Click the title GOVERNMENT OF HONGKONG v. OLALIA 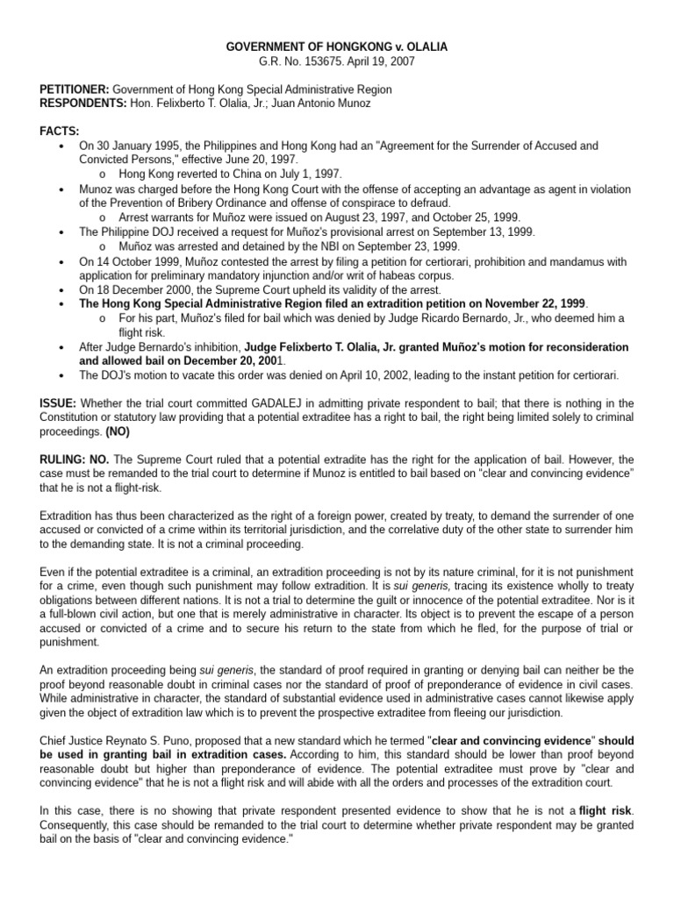click(x=336, y=46)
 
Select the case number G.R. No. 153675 click(x=305, y=61)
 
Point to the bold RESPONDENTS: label click(x=78, y=103)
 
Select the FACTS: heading click(x=59, y=131)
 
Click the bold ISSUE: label click(x=58, y=403)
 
